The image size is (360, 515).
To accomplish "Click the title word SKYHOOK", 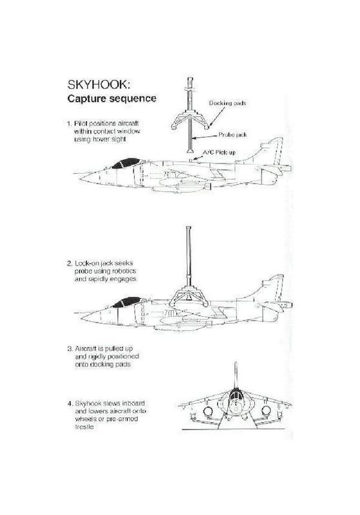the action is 99,85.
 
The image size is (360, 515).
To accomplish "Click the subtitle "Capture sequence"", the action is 111,98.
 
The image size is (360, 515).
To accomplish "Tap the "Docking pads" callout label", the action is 227,103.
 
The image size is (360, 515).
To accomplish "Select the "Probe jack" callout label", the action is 232,135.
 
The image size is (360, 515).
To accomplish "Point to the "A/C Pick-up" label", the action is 219,153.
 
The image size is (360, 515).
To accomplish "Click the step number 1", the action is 69,124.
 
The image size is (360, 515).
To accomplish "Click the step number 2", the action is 70,263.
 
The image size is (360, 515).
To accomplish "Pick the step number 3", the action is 70,349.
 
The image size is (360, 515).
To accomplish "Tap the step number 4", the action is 70,404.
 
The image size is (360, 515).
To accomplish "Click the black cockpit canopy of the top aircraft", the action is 126,163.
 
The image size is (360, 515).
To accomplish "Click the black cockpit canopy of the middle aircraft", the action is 127,302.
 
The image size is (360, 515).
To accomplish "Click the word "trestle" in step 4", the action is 84,427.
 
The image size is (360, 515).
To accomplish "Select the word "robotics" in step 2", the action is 124,271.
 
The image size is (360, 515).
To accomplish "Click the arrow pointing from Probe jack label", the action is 205,136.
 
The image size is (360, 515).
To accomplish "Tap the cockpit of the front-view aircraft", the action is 235,396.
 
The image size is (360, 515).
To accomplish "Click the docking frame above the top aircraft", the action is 191,120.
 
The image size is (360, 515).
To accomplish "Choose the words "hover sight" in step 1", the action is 109,139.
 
